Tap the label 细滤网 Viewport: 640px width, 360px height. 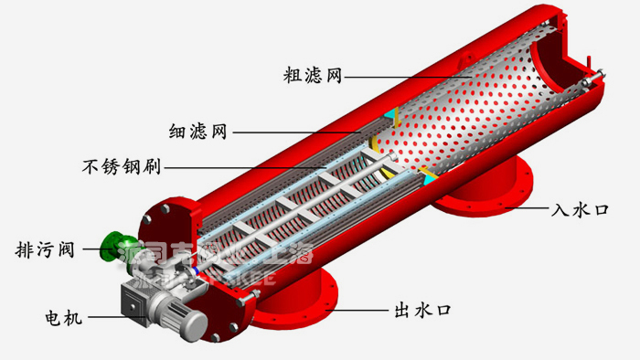pyautogui.click(x=196, y=132)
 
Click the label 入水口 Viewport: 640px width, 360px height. pyautogui.click(x=580, y=209)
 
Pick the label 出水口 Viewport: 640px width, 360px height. pyautogui.click(x=421, y=309)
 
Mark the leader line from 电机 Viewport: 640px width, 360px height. pyautogui.click(x=110, y=318)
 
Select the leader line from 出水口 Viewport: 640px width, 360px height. pyautogui.click(x=361, y=309)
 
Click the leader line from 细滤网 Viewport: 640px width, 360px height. pyautogui.click(x=302, y=132)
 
